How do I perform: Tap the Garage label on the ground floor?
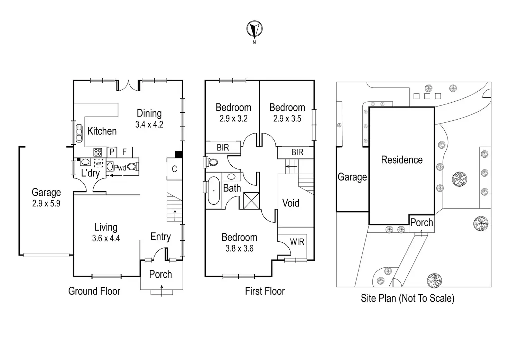click(x=46, y=192)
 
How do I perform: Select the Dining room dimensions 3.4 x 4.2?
click(x=149, y=124)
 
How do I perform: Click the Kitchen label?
click(x=102, y=131)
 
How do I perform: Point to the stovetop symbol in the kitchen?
click(x=98, y=152)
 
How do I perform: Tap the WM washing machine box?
click(x=99, y=163)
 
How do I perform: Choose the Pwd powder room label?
click(x=120, y=168)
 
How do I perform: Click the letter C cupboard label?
click(x=174, y=169)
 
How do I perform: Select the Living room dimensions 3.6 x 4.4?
click(x=106, y=238)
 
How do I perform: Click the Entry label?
click(x=160, y=237)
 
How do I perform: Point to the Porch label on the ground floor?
click(x=160, y=274)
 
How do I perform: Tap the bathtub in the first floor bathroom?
click(x=214, y=191)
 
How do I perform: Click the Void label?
click(x=290, y=203)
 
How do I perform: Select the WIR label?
click(x=297, y=242)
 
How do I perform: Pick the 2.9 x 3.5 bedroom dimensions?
click(x=287, y=119)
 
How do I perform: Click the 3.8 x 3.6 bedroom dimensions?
click(x=239, y=248)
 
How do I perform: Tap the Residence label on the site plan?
click(x=402, y=160)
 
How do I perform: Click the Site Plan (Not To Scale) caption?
click(x=407, y=298)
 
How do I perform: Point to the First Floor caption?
click(x=265, y=291)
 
